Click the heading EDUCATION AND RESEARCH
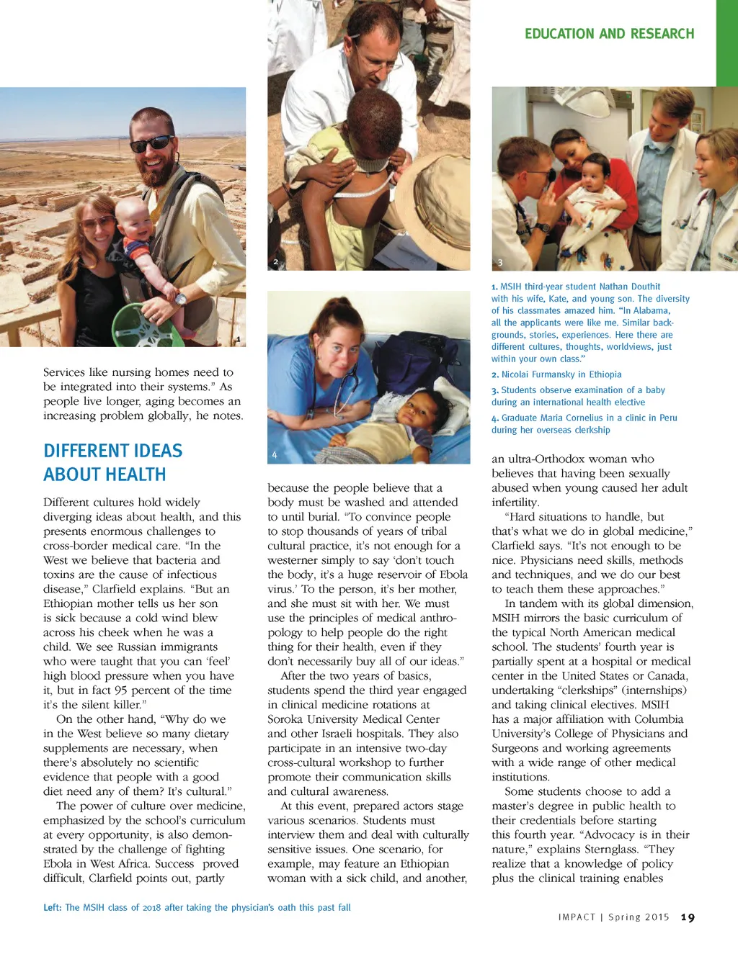tap(609, 34)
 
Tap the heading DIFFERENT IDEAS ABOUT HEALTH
tap(113, 462)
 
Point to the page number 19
tap(688, 917)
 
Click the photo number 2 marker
tap(275, 262)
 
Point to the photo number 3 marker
tap(500, 263)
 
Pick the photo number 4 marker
tap(275, 455)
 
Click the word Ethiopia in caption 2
tap(605, 374)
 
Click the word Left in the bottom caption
tap(51, 907)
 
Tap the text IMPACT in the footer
tap(577, 917)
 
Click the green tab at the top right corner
tap(726, 43)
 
